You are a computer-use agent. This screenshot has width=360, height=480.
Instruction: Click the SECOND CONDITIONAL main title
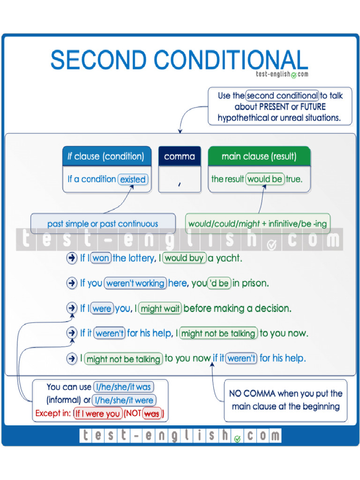tap(179, 60)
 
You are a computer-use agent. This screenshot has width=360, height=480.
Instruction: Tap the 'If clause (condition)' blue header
tap(106, 157)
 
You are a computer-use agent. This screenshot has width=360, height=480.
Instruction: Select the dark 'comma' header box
tap(180, 157)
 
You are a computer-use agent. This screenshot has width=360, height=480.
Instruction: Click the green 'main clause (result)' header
tap(259, 157)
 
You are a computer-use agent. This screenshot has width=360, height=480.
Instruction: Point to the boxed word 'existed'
tap(133, 179)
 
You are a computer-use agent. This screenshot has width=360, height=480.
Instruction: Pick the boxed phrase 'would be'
tap(265, 179)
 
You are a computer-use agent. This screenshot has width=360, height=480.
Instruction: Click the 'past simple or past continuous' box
tap(103, 224)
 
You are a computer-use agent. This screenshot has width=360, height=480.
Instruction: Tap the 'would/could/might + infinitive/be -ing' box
tap(257, 224)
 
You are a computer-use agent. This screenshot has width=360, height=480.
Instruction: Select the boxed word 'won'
tap(100, 258)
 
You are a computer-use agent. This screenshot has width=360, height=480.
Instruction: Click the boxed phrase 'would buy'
tap(184, 258)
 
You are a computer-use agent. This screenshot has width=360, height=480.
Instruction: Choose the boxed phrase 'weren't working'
tap(135, 283)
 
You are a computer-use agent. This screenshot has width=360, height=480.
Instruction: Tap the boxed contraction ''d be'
tap(218, 283)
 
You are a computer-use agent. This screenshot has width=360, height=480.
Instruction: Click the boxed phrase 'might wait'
tap(160, 308)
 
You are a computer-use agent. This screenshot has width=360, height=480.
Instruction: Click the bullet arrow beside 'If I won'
tap(71, 258)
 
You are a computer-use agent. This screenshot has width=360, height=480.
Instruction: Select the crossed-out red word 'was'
tap(151, 414)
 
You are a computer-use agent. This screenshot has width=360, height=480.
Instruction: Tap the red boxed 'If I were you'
tap(97, 414)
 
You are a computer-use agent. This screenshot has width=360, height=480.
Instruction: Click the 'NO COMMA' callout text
tap(285, 400)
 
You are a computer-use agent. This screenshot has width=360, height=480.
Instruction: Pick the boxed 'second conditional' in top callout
tap(282, 96)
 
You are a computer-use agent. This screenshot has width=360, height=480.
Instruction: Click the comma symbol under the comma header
tap(179, 184)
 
